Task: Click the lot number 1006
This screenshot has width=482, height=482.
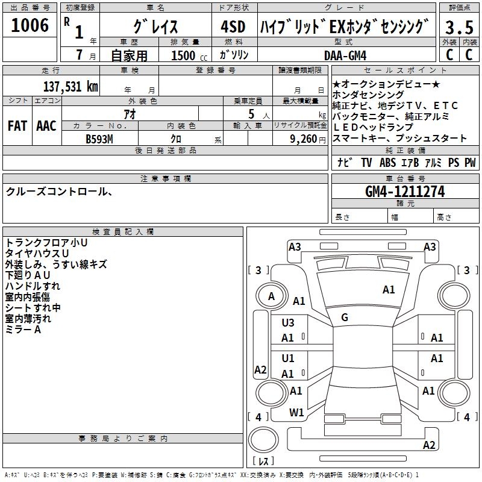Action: (30, 25)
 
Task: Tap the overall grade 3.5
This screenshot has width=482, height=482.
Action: (459, 28)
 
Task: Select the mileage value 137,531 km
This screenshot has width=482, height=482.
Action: (70, 87)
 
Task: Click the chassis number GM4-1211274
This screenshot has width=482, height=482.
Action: (405, 192)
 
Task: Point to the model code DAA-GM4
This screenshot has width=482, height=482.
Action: (345, 55)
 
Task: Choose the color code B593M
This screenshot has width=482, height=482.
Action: (99, 139)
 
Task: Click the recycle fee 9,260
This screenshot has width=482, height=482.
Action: (304, 139)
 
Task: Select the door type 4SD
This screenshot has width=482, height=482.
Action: (233, 27)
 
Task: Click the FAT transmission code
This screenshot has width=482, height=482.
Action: (17, 126)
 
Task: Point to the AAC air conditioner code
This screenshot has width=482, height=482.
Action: (46, 126)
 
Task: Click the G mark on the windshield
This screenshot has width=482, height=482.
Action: (345, 318)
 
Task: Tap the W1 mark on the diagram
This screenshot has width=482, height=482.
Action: (296, 413)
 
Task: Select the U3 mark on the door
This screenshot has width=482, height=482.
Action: (288, 323)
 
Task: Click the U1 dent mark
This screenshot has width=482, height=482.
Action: (288, 358)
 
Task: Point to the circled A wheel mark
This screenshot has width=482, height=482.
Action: (271, 296)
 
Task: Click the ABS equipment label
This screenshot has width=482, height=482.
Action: (387, 163)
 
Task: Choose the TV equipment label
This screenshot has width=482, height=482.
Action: (366, 163)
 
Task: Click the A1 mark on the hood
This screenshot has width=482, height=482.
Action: (389, 290)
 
